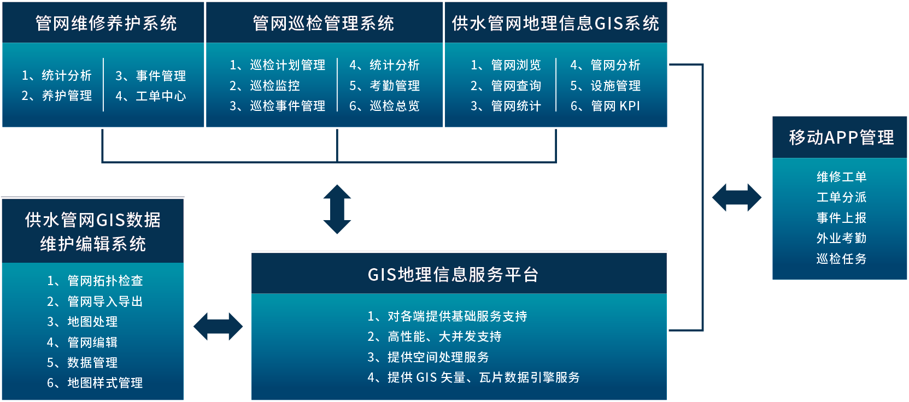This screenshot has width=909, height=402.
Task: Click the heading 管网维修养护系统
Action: pos(105,23)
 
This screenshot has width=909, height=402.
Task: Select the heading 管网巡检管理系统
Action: pos(323,23)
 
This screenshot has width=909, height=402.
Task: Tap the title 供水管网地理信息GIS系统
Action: pos(555,23)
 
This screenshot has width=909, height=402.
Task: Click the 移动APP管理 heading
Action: pos(841,138)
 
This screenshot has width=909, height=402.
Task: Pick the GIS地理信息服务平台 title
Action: pos(453,274)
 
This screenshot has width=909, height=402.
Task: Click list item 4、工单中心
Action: pos(151,96)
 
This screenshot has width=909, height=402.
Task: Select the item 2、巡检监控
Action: pos(265,86)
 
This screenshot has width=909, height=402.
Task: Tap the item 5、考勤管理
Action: pos(385,86)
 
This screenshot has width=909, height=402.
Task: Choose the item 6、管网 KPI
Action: pos(605,106)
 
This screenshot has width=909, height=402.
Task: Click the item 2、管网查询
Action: pos(506,86)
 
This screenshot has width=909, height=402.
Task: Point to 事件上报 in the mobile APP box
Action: pos(841,218)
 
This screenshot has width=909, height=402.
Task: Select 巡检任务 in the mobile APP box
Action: pos(841,259)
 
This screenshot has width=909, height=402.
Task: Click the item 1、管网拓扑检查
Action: pos(95,281)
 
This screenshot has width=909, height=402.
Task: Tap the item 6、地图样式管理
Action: pos(95,383)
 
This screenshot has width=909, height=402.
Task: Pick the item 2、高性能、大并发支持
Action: pos(434,336)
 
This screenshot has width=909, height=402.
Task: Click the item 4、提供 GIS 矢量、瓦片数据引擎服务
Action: pos(473,377)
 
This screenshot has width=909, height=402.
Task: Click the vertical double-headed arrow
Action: pos(337,209)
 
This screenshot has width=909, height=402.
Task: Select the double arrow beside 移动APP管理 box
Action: pos(736,198)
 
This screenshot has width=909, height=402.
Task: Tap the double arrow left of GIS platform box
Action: pos(218,327)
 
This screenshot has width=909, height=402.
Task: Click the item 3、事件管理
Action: pos(151,76)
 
